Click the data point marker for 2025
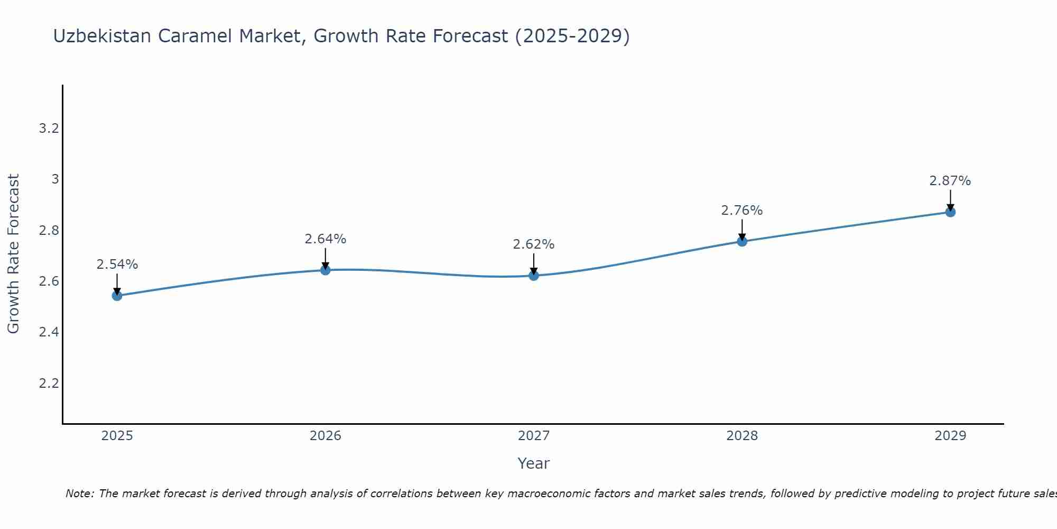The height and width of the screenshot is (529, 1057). pyautogui.click(x=117, y=296)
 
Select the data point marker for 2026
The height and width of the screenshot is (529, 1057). pyautogui.click(x=326, y=270)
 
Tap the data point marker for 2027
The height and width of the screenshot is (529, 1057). pyautogui.click(x=534, y=276)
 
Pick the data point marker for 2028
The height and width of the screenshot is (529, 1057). pyautogui.click(x=742, y=242)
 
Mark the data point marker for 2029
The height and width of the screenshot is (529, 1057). pyautogui.click(x=950, y=212)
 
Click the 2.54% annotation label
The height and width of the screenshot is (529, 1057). pyautogui.click(x=117, y=264)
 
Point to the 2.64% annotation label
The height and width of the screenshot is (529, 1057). pyautogui.click(x=326, y=239)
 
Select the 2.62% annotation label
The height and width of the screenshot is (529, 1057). pyautogui.click(x=534, y=244)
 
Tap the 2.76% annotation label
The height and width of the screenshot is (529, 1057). pyautogui.click(x=742, y=211)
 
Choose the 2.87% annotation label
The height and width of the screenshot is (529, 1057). pyautogui.click(x=950, y=181)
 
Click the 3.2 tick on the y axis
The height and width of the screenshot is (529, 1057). pyautogui.click(x=49, y=129)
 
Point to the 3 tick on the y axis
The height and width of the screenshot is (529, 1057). pyautogui.click(x=55, y=179)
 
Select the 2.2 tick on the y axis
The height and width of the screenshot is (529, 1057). pyautogui.click(x=49, y=383)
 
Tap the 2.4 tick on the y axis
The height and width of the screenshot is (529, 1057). pyautogui.click(x=49, y=332)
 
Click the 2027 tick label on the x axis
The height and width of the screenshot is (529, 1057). pyautogui.click(x=534, y=436)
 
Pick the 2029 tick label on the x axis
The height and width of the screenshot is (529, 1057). pyautogui.click(x=950, y=436)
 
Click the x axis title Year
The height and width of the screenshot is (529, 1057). pyautogui.click(x=534, y=463)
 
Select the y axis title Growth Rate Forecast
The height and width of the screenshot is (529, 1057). pyautogui.click(x=14, y=254)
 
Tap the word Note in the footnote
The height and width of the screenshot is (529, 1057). pyautogui.click(x=79, y=494)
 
